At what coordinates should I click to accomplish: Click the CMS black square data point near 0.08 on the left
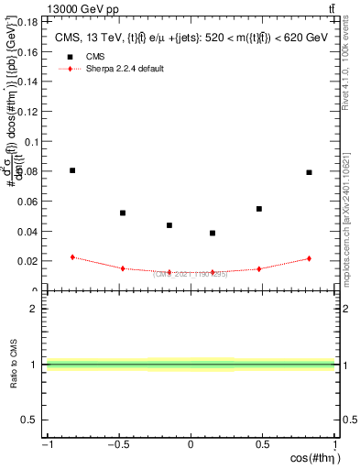[72, 170]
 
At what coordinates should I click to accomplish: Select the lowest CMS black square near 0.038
[213, 233]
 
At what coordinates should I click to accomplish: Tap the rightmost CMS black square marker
[310, 172]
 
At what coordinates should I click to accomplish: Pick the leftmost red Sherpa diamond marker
[72, 257]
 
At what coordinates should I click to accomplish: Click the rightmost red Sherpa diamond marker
[310, 258]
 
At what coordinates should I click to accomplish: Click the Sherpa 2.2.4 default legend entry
[124, 69]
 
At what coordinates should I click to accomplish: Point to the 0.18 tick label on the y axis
[28, 21]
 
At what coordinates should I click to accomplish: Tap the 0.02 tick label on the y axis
[28, 261]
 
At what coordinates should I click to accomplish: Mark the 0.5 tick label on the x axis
[263, 445]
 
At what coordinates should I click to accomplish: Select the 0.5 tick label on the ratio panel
[31, 420]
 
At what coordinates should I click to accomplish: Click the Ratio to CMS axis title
[12, 364]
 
